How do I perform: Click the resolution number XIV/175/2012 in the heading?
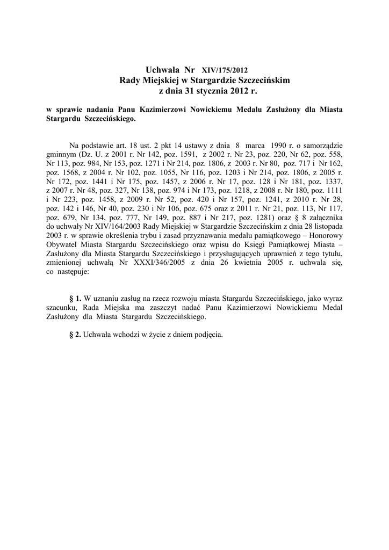pyautogui.click(x=225, y=70)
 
